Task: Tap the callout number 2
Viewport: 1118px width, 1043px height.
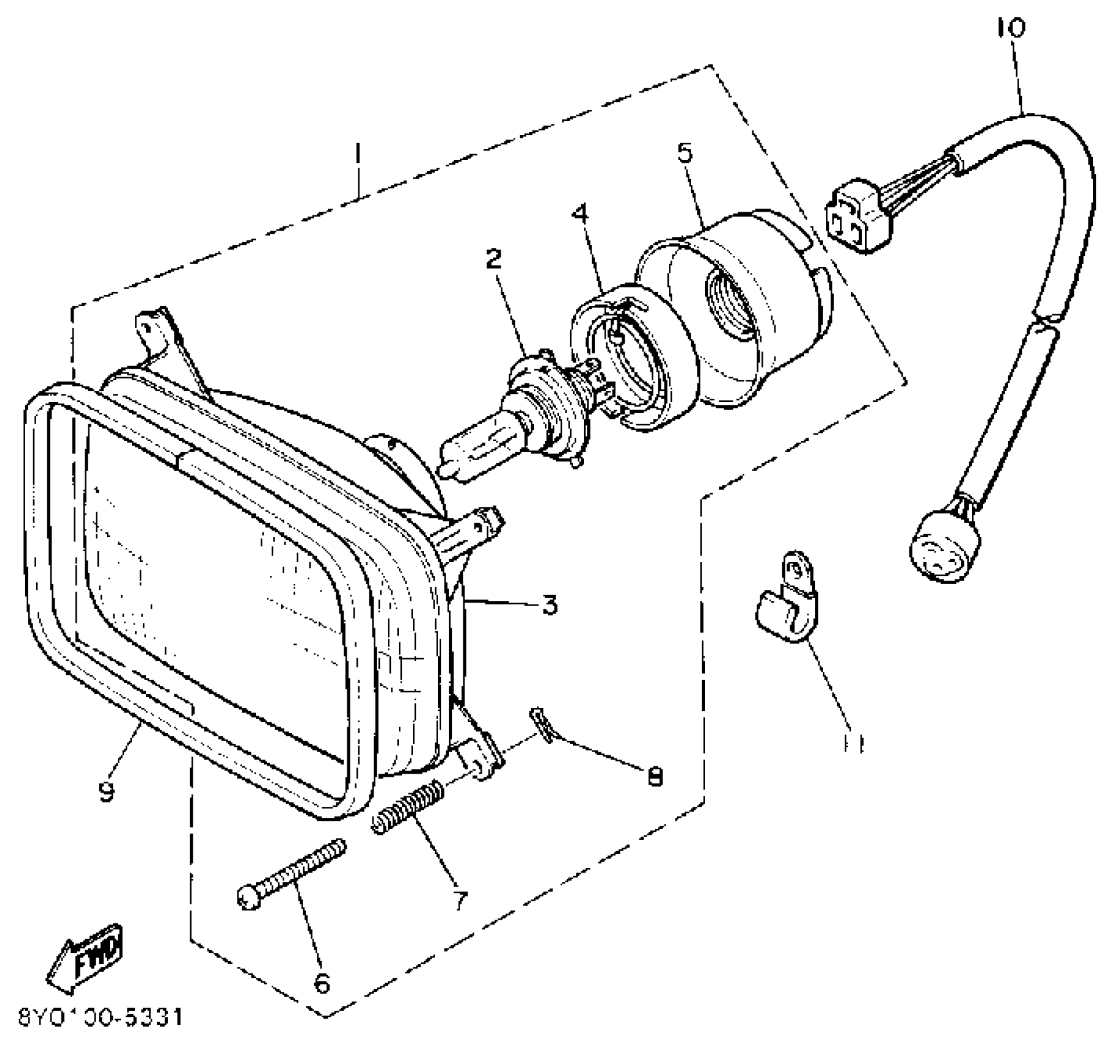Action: pyautogui.click(x=493, y=260)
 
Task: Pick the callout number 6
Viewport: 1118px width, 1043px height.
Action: pyautogui.click(x=322, y=983)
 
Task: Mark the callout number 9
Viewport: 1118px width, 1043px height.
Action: pyautogui.click(x=107, y=792)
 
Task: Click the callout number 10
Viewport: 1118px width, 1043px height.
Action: pyautogui.click(x=1011, y=28)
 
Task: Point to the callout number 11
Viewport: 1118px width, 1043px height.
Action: pyautogui.click(x=854, y=744)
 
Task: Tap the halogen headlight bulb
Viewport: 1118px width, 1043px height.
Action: pyautogui.click(x=491, y=436)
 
